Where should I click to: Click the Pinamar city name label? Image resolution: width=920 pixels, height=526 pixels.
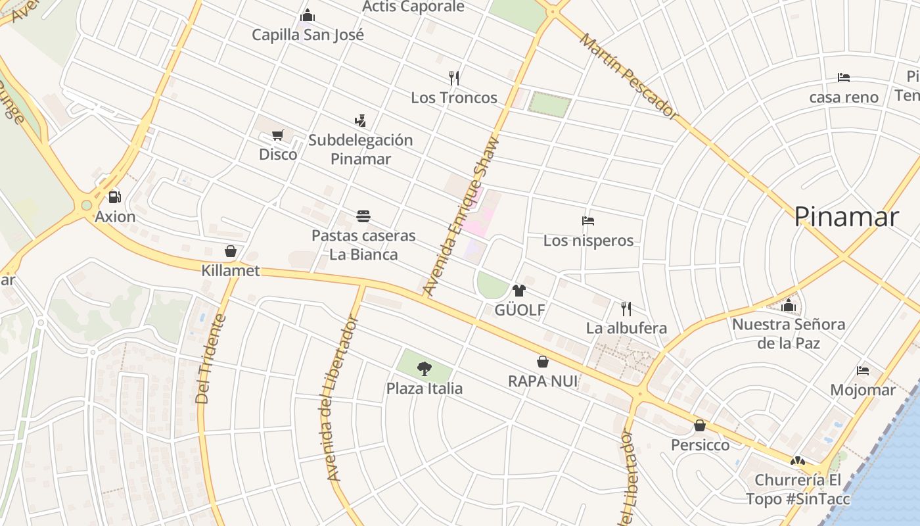tap(846, 217)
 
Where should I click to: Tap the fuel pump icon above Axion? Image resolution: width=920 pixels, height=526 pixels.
tap(115, 197)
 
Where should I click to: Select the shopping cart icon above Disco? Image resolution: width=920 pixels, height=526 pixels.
tap(278, 135)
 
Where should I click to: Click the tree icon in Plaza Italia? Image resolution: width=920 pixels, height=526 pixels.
tap(425, 369)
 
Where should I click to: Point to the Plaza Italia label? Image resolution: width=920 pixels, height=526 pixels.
tap(425, 389)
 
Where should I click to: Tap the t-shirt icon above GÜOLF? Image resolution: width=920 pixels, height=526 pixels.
tap(519, 291)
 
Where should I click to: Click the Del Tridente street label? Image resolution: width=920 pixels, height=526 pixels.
tap(211, 358)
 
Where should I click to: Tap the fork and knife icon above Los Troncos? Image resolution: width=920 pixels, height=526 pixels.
tap(453, 78)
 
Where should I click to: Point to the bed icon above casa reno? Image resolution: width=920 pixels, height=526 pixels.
tap(844, 78)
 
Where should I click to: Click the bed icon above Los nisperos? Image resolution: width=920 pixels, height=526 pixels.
tap(588, 221)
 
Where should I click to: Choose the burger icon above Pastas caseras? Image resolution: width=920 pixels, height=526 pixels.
tap(363, 216)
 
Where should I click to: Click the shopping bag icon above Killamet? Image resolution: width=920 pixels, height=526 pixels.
tap(231, 251)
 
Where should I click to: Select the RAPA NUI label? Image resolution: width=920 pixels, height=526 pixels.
tap(543, 381)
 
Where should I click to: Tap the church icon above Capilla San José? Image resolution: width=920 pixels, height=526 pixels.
tap(308, 16)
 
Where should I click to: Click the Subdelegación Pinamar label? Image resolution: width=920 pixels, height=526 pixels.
tap(360, 149)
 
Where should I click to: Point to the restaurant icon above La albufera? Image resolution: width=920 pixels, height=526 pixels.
tap(626, 308)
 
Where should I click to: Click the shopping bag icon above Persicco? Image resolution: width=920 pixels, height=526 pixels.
tap(700, 425)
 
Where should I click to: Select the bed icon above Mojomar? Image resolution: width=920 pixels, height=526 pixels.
tap(863, 371)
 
